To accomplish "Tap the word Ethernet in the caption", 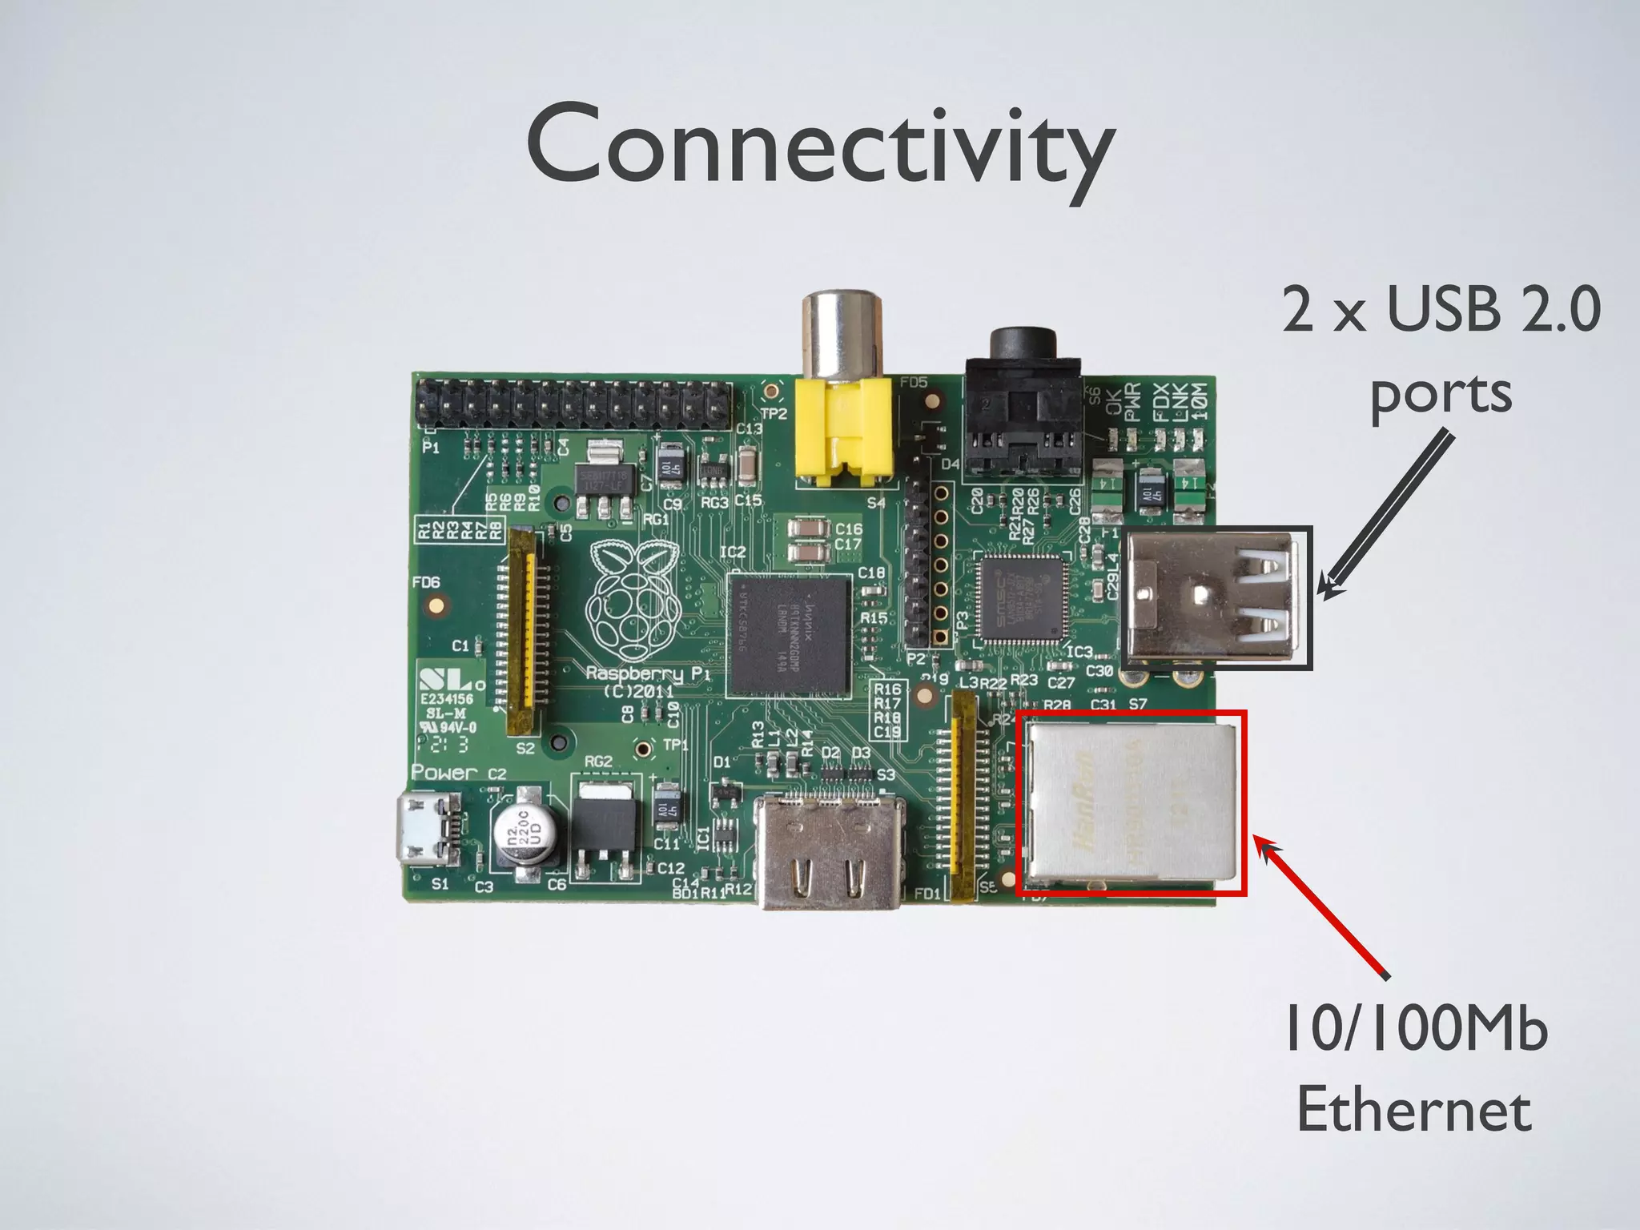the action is click(x=1414, y=1111).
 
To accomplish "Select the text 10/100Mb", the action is click(x=1416, y=1029).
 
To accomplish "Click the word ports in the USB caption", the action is click(x=1441, y=394).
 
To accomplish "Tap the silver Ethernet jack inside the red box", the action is click(x=1132, y=809).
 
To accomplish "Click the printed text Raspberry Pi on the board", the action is click(x=647, y=674).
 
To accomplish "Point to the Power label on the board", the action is click(x=444, y=772).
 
